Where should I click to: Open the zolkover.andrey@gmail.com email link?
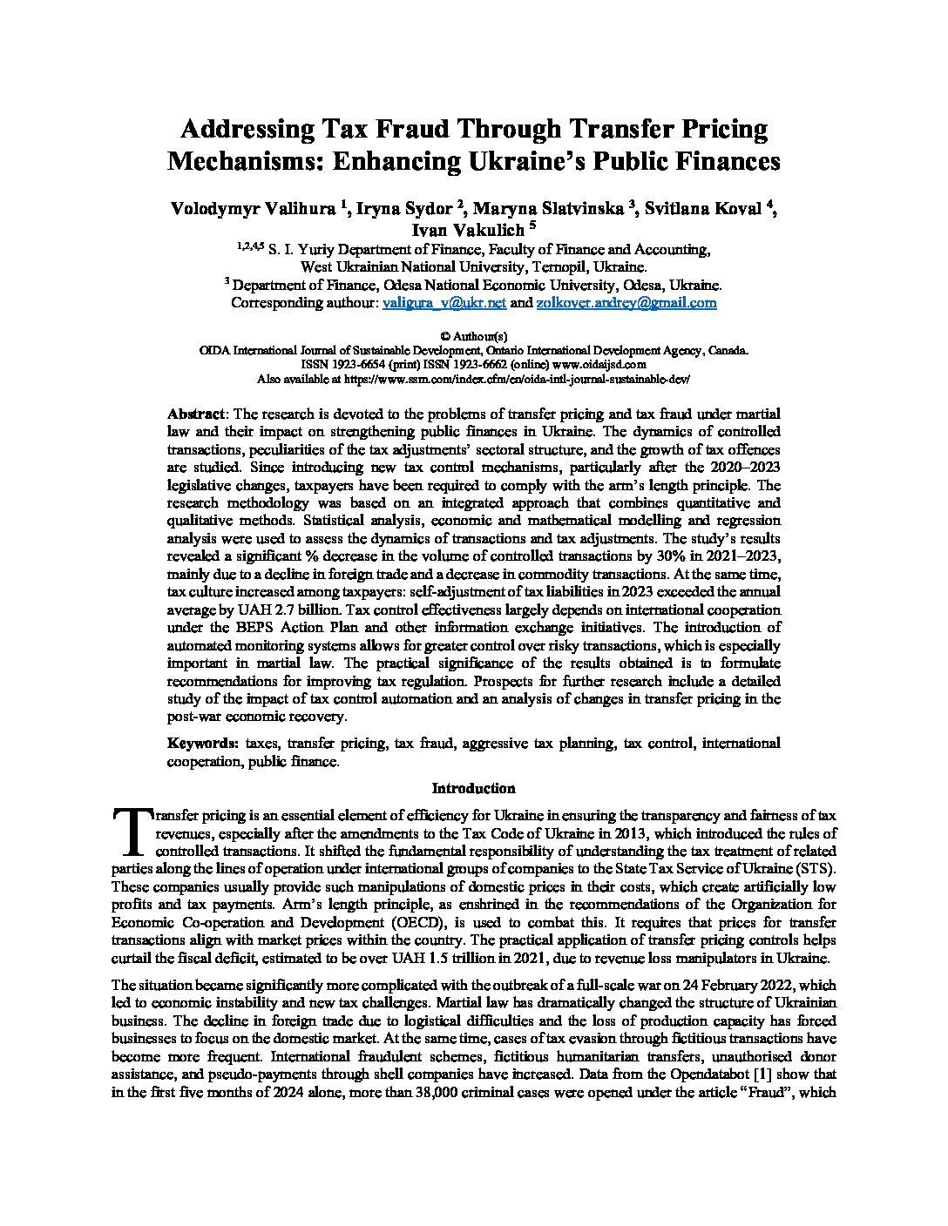coord(626,303)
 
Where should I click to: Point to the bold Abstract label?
coord(197,414)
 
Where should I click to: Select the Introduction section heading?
coord(474,789)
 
